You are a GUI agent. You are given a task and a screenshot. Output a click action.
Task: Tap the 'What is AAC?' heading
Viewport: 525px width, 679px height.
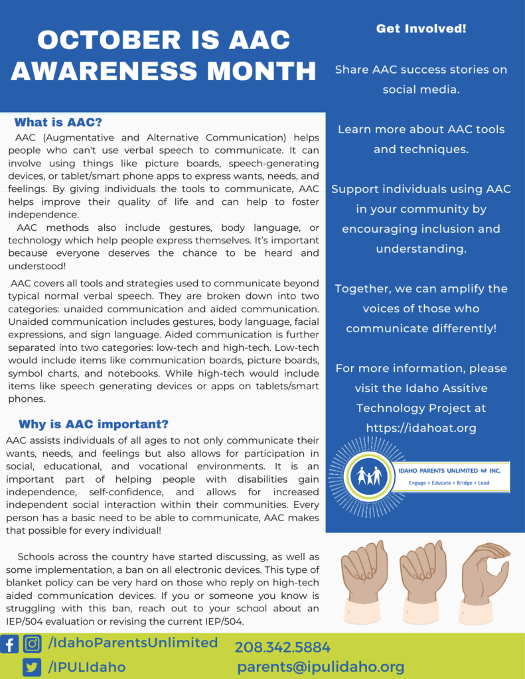coord(58,123)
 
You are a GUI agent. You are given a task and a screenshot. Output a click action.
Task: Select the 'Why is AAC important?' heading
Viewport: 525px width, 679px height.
coord(94,424)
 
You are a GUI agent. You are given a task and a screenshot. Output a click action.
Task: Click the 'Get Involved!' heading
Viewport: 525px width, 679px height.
coord(421,29)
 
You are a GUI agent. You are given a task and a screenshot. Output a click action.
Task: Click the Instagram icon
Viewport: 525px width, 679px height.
coord(32,644)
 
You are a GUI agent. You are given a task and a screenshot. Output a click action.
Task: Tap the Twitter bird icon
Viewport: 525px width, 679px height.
coord(31,666)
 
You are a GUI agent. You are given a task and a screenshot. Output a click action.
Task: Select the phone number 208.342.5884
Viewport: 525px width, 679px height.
coord(282,647)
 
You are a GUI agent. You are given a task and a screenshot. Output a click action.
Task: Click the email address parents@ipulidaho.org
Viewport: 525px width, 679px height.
coord(321,667)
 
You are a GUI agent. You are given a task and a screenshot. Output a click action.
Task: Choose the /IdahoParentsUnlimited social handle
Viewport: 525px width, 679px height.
coord(133,643)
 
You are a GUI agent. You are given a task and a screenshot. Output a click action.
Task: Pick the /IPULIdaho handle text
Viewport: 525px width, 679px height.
coord(86,666)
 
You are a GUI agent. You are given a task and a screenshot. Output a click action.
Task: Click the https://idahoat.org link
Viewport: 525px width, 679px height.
coord(421,428)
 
